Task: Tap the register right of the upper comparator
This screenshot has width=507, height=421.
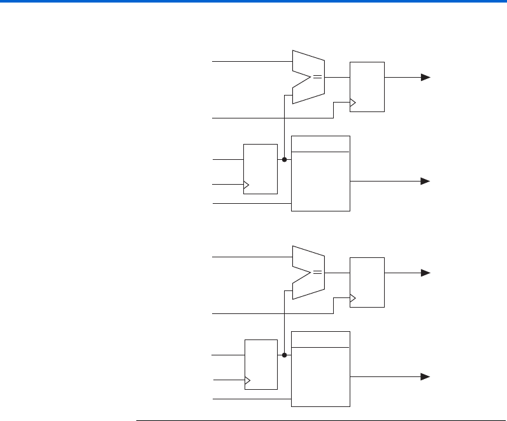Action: click(x=367, y=87)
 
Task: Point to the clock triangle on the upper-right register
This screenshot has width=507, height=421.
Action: click(x=353, y=102)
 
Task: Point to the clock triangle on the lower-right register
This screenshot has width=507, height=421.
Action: click(x=353, y=297)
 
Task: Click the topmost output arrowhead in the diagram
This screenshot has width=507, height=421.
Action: click(x=425, y=77)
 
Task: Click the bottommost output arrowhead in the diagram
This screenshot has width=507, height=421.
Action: click(x=425, y=376)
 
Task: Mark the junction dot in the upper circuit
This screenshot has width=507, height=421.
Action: click(x=284, y=160)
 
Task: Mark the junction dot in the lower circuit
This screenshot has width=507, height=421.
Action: click(x=284, y=355)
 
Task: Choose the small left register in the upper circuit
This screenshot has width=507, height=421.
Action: click(x=261, y=169)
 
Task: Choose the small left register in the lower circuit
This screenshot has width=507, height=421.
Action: click(x=261, y=364)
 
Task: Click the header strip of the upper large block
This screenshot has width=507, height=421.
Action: click(x=320, y=144)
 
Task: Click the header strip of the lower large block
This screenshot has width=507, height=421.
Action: click(x=320, y=339)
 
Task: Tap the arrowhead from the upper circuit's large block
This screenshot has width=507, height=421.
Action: click(x=425, y=181)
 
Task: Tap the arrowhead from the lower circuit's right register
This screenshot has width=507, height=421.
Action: click(x=425, y=273)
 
